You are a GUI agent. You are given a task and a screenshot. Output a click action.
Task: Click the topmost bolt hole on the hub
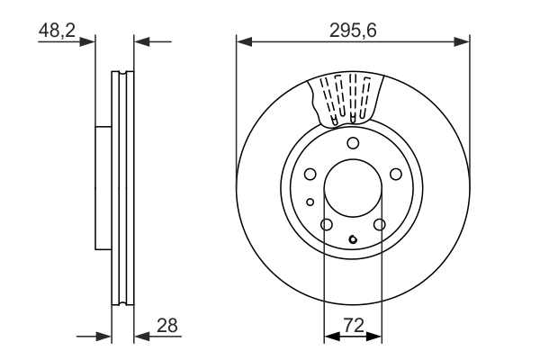[x=353, y=144]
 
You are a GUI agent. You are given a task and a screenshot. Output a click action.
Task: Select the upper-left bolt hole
[x=310, y=175]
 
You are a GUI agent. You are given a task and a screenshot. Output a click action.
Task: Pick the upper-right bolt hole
[x=395, y=175]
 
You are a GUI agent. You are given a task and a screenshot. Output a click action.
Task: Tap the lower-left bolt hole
[x=327, y=224]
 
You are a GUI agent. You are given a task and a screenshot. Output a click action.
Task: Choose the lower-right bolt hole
[x=379, y=224]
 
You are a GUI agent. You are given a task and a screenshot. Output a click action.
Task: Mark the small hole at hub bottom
[x=353, y=239]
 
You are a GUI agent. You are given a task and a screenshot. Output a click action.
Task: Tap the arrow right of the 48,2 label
[x=87, y=41]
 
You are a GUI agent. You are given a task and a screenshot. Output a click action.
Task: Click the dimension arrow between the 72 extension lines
[x=353, y=337]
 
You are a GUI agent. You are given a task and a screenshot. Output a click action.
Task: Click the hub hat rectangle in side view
[x=103, y=188]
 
